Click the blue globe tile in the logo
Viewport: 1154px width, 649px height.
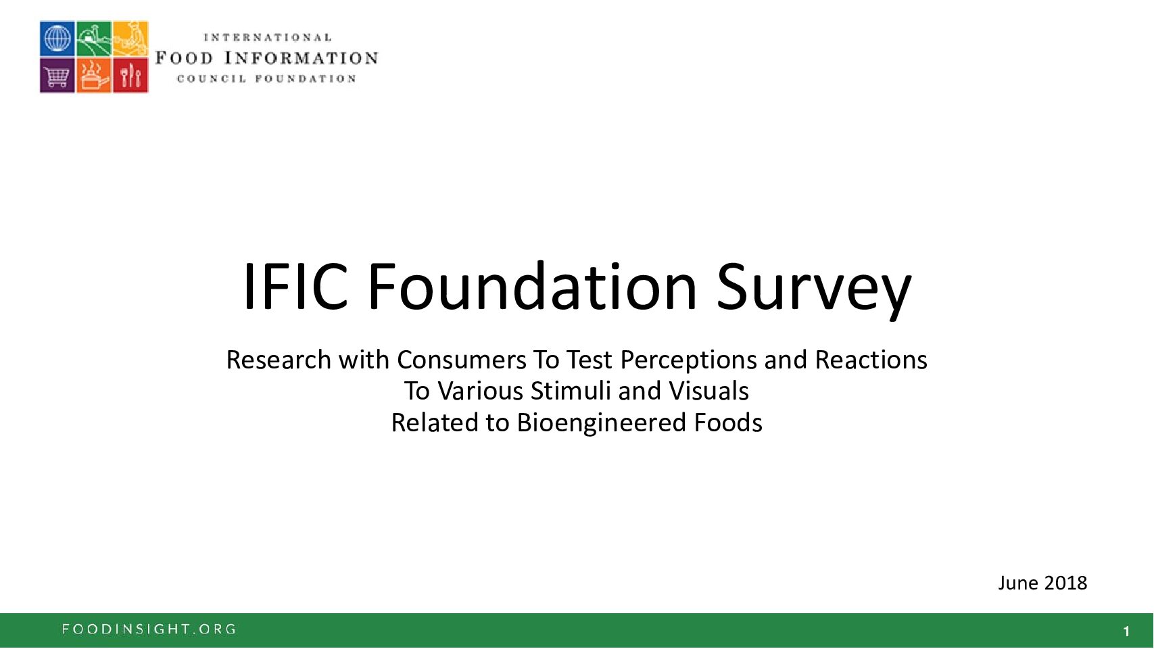click(57, 38)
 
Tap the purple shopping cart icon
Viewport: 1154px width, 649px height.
click(57, 75)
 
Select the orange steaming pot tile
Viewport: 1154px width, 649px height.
click(94, 75)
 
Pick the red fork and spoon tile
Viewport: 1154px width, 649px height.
click(130, 75)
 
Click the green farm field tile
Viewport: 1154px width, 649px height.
click(94, 38)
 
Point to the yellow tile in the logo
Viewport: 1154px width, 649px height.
click(130, 38)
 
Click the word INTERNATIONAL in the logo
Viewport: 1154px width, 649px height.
click(268, 38)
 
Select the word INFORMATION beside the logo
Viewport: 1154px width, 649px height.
click(302, 57)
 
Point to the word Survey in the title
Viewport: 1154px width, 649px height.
click(814, 291)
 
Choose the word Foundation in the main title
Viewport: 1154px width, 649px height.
click(532, 287)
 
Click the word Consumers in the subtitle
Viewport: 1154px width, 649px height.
click(462, 360)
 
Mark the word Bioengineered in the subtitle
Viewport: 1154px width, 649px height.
click(601, 424)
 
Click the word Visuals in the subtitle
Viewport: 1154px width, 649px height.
click(709, 391)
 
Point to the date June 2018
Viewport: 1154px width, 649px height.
click(1042, 583)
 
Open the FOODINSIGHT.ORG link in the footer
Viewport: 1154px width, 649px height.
click(149, 629)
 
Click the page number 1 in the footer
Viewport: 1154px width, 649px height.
click(1127, 631)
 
